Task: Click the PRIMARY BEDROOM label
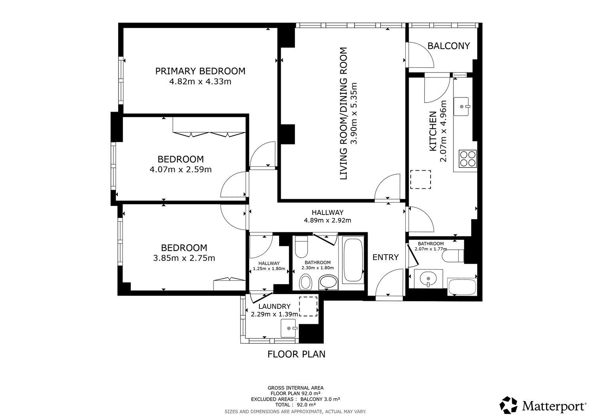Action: (200, 71)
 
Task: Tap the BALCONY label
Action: (448, 46)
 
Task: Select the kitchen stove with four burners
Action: (468, 159)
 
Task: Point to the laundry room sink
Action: (289, 328)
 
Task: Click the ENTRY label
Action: (385, 257)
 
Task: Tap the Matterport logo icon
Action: (508, 405)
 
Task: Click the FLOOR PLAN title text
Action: (296, 354)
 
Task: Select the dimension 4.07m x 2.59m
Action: (181, 169)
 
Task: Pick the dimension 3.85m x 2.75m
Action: (184, 258)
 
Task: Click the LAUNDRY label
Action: (274, 306)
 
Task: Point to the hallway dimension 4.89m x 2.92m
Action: (327, 220)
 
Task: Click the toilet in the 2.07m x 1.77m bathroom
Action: (453, 256)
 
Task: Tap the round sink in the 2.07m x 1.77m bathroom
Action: (428, 278)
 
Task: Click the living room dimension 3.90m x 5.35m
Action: (354, 113)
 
